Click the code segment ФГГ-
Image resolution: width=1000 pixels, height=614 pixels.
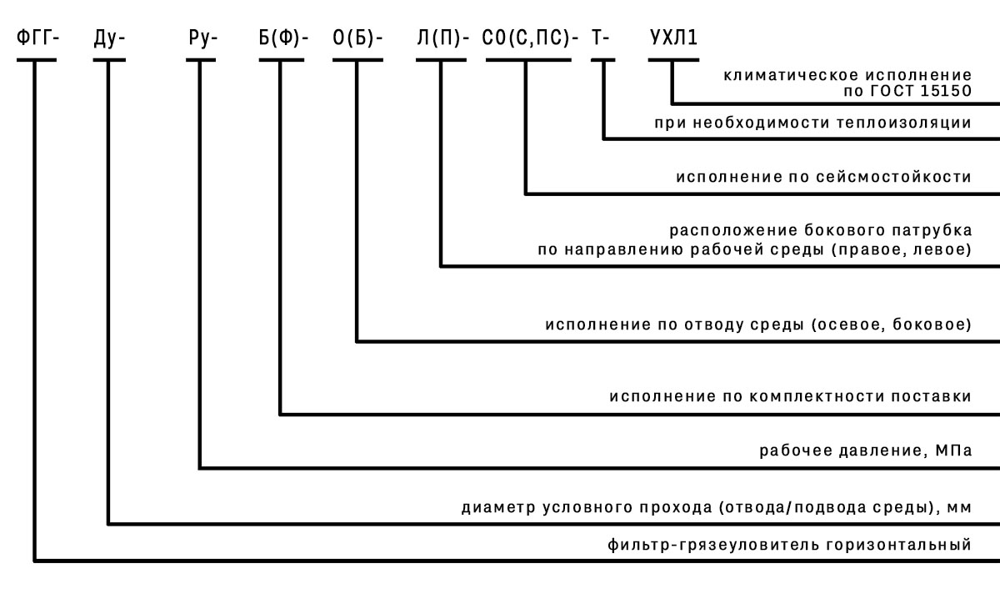pyautogui.click(x=37, y=39)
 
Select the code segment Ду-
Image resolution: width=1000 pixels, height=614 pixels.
pyautogui.click(x=109, y=39)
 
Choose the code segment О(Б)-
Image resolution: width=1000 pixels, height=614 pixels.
pyautogui.click(x=358, y=39)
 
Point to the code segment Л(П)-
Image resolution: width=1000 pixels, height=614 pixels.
pyautogui.click(x=443, y=39)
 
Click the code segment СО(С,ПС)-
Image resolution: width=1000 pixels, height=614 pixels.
pyautogui.click(x=530, y=39)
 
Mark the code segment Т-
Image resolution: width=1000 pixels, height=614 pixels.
pyautogui.click(x=602, y=39)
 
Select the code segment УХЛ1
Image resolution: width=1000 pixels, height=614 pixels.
pyautogui.click(x=673, y=39)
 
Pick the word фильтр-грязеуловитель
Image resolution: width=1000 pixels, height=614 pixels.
pyautogui.click(x=712, y=546)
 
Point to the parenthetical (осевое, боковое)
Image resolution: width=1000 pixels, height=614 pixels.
pyautogui.click(x=891, y=324)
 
